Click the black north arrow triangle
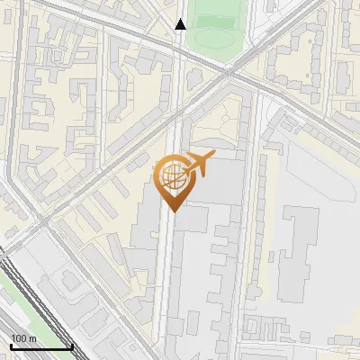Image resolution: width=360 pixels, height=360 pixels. tap(181, 24)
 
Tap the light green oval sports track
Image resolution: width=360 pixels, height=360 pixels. tap(213, 39)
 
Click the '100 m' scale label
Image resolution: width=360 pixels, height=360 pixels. tap(23, 338)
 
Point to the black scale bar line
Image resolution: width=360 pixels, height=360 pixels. tap(40, 346)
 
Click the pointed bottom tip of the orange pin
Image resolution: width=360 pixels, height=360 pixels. tap(172, 210)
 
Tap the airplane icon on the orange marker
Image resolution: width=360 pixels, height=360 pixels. tap(200, 164)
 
